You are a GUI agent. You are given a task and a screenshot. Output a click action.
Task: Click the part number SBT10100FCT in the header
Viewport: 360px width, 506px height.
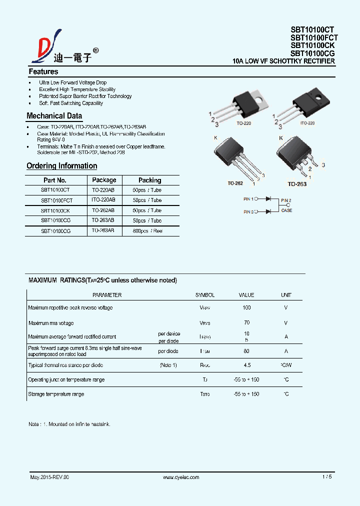coord(314,37)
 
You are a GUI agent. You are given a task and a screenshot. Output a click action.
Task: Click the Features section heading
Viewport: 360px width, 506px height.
coord(43,71)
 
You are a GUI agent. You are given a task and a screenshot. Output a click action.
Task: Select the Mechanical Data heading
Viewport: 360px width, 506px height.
coord(54,116)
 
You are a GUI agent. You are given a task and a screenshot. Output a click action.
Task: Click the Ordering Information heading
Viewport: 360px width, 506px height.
coord(61,165)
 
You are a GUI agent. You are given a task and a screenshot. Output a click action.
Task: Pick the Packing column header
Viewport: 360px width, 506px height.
coord(149,180)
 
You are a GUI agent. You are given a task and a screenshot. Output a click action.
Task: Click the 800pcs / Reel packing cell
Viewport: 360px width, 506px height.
coord(147,231)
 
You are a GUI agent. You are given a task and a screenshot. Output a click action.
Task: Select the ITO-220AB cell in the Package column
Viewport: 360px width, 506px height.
coord(103,200)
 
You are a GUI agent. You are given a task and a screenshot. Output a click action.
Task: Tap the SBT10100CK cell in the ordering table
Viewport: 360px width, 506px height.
coord(55,210)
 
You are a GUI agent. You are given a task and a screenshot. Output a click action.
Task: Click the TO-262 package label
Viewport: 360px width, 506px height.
coord(235,183)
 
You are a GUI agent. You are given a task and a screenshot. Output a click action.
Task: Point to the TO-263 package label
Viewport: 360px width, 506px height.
coord(297,184)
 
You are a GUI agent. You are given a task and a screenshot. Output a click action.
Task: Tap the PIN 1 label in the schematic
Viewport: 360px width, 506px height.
coord(248,198)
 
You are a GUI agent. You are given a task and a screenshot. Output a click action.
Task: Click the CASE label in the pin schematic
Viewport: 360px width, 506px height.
coord(286,210)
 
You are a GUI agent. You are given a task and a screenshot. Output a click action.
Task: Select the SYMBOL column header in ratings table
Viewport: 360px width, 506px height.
coord(204,295)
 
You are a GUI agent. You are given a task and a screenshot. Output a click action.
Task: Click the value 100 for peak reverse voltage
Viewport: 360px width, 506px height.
coord(246,307)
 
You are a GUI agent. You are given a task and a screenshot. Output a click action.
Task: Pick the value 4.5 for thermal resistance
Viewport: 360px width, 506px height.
coord(246,365)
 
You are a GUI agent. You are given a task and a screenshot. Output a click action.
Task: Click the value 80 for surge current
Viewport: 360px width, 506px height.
coord(246,351)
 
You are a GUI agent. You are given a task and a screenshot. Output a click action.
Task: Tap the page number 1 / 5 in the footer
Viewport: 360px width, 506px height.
coord(327,477)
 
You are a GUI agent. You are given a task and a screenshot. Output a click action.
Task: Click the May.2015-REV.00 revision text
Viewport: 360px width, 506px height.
coord(49,477)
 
